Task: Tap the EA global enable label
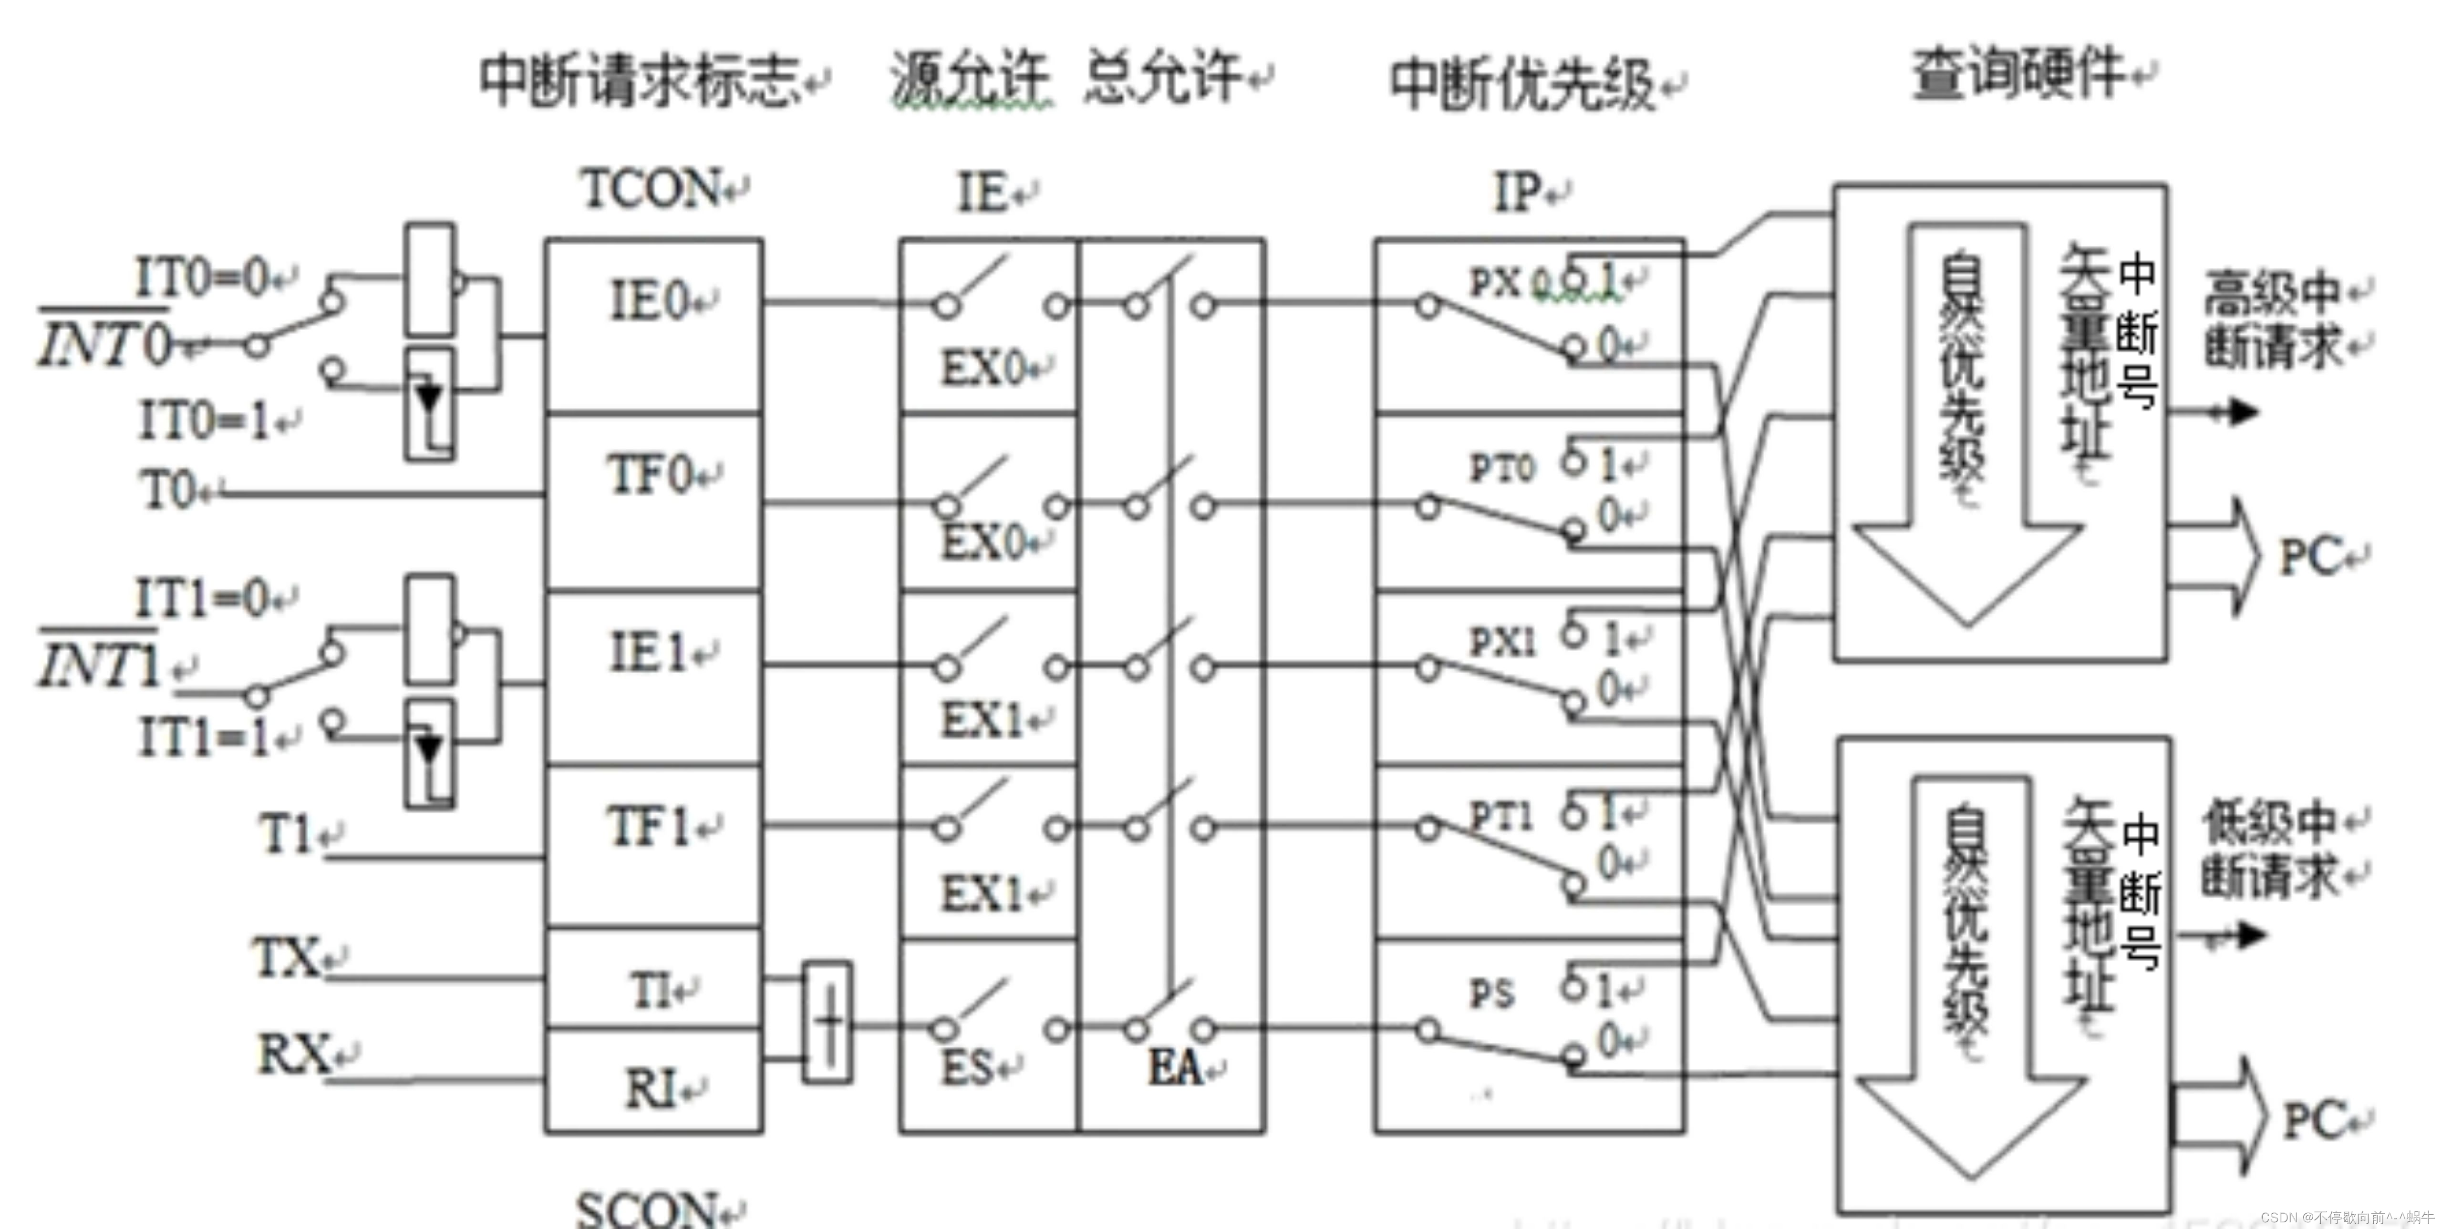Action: (1176, 1068)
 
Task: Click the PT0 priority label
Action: (1500, 467)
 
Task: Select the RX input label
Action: (294, 1054)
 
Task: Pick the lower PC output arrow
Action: (2218, 1118)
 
